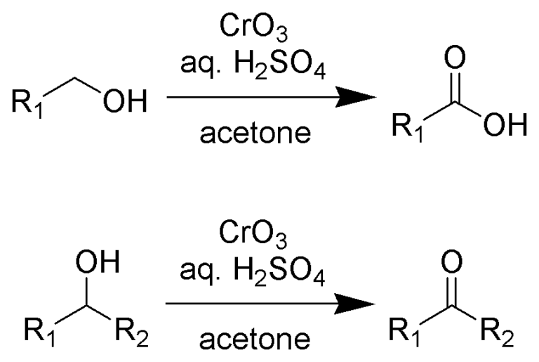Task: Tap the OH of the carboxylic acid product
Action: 504,129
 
